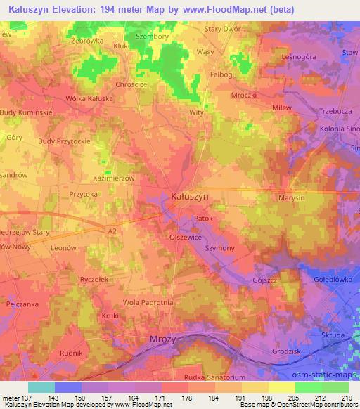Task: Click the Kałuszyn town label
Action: click(190, 197)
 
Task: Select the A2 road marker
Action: click(112, 230)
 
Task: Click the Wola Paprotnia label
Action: click(148, 302)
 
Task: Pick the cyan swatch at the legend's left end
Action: click(41, 387)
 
